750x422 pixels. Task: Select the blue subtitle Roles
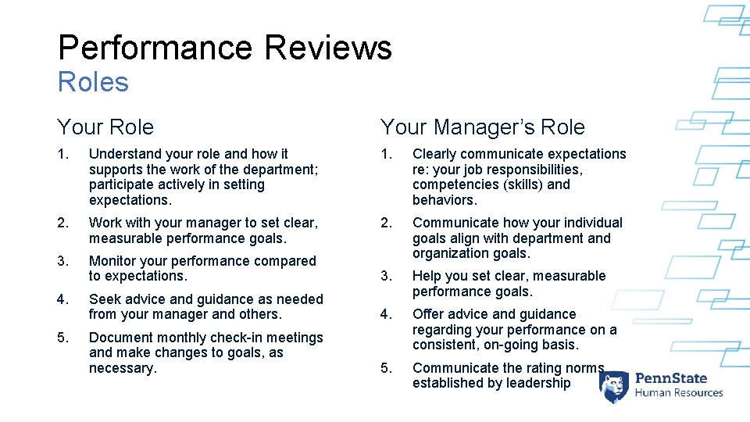point(93,82)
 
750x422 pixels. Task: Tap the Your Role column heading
point(105,127)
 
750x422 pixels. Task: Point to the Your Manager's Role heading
point(482,127)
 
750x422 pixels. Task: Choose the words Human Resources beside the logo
point(679,393)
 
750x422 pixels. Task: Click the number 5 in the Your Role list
point(62,338)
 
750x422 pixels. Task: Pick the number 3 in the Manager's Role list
point(385,276)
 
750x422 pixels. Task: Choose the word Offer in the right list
point(428,314)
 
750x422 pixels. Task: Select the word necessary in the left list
point(121,368)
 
